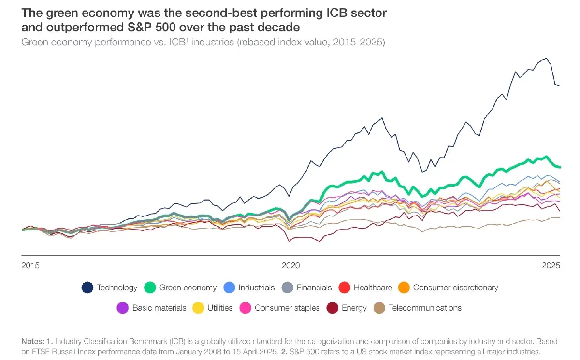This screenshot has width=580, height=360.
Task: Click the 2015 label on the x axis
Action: point(30,266)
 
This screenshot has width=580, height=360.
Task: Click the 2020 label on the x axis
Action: point(291,266)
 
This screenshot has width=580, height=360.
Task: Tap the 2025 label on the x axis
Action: point(551,266)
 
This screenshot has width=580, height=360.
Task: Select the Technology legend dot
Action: point(87,288)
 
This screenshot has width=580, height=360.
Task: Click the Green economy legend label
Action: point(188,288)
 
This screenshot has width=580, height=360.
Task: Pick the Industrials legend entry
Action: point(256,288)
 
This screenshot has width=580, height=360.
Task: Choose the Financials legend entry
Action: point(314,288)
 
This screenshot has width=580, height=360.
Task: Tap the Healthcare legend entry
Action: point(373,288)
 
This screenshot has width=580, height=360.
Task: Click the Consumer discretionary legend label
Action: point(455,288)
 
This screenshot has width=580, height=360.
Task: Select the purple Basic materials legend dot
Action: point(123,308)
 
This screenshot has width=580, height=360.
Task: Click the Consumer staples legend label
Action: point(287,308)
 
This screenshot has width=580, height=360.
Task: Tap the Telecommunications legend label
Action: point(425,308)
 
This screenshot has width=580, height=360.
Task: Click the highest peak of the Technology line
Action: point(546,59)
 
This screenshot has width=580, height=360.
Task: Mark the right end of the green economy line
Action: point(559,167)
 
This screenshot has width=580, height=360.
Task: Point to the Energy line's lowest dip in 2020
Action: point(319,241)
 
